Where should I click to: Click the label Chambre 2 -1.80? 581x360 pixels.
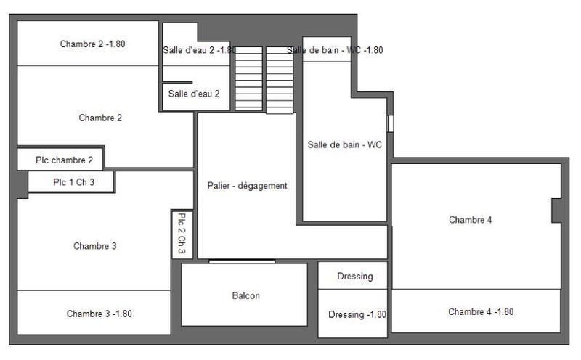coord(92,44)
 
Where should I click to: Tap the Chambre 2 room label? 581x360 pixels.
coord(100,118)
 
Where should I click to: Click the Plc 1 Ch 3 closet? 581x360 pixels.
coord(73,182)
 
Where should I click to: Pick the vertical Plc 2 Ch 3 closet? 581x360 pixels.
coord(182,234)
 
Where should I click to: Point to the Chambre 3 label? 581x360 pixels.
coord(95,246)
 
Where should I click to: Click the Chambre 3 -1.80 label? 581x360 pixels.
coord(99,314)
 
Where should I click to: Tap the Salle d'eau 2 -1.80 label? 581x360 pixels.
coord(199,50)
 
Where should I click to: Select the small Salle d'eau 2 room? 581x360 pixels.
coord(194,94)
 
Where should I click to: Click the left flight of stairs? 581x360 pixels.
coord(248,78)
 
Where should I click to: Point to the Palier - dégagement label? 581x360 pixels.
coord(247,186)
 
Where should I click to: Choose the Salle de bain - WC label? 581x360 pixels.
coord(344,144)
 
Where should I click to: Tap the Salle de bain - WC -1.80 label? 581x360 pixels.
coord(335,50)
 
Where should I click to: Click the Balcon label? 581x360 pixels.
coord(245,295)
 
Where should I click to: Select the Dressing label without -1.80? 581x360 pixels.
coord(355,276)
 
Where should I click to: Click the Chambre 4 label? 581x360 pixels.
coord(471,219)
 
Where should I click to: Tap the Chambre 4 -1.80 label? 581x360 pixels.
coord(481,311)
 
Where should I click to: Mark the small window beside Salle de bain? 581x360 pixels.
coord(390,123)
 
